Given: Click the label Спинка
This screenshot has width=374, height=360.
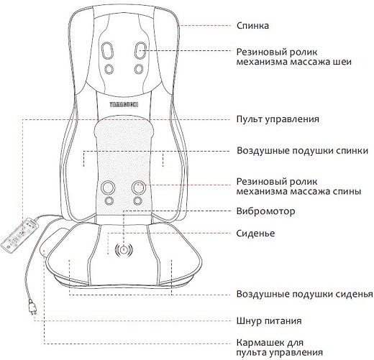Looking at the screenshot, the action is pyautogui.click(x=252, y=26).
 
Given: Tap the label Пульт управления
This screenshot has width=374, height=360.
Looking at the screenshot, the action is pyautogui.click(x=278, y=119).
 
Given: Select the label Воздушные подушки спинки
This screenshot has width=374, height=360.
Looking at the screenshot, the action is pyautogui.click(x=302, y=151).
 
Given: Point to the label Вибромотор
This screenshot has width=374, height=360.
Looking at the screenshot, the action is pyautogui.click(x=265, y=211).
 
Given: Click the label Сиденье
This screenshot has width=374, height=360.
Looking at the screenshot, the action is pyautogui.click(x=255, y=233).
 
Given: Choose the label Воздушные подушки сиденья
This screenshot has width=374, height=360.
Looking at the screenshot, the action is pyautogui.click(x=305, y=294).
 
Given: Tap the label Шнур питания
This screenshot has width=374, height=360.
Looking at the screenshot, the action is pyautogui.click(x=269, y=320).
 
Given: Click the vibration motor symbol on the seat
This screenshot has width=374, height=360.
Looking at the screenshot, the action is pyautogui.click(x=124, y=250).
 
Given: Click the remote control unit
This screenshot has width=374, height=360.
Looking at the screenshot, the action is pyautogui.click(x=19, y=235).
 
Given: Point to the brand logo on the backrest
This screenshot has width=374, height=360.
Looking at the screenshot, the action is pyautogui.click(x=124, y=105).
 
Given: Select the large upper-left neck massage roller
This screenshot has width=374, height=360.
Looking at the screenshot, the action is pyautogui.click(x=107, y=50).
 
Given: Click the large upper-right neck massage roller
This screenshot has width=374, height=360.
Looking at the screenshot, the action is pyautogui.click(x=140, y=50).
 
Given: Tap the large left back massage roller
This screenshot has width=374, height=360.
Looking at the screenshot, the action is pyautogui.click(x=108, y=188).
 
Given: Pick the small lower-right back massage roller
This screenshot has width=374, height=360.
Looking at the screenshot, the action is pyautogui.click(x=137, y=200).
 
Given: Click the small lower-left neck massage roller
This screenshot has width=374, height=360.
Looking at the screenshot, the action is pyautogui.click(x=109, y=69).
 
